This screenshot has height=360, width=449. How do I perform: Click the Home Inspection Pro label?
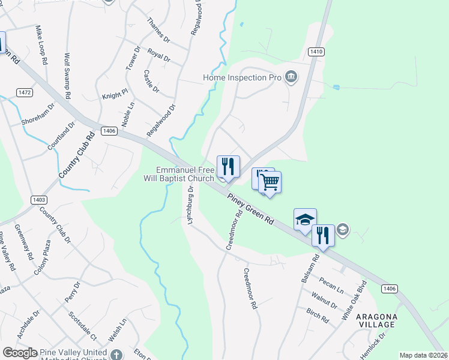click(x=242, y=78)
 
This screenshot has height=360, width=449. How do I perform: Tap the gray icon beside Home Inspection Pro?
click(x=291, y=76)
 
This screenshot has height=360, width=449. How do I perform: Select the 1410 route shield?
click(x=317, y=52)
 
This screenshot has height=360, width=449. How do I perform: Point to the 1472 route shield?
click(x=25, y=92)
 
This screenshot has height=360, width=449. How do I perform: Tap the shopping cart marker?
click(x=270, y=182)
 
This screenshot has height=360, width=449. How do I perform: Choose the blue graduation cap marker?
click(x=305, y=219)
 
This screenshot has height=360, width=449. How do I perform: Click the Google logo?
click(x=20, y=353)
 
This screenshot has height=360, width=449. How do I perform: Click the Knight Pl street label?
click(x=115, y=95)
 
